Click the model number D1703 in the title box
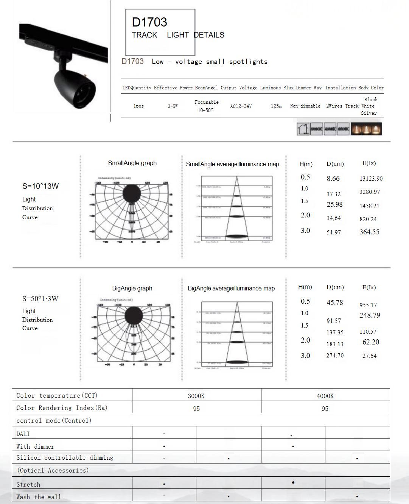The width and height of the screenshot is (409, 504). click(x=149, y=22)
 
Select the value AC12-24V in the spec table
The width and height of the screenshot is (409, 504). click(x=241, y=106)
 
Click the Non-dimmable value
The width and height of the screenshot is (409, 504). click(x=305, y=106)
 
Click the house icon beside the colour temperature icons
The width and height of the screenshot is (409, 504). click(x=303, y=129)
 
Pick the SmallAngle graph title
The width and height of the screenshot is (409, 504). click(x=132, y=163)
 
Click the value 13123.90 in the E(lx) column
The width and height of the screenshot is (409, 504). click(x=371, y=179)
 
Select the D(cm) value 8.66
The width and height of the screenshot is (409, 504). click(x=333, y=178)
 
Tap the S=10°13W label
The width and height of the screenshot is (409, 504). click(x=40, y=186)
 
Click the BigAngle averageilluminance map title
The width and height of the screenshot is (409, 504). click(x=231, y=289)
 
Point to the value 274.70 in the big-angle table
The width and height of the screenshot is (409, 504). click(x=335, y=356)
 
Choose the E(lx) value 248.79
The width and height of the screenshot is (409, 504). click(x=370, y=315)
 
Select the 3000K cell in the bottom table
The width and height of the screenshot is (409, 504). click(x=196, y=396)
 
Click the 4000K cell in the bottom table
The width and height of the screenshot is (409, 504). click(x=325, y=396)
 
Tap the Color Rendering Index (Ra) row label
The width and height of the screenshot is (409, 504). click(x=62, y=408)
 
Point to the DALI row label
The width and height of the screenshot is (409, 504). click(x=23, y=434)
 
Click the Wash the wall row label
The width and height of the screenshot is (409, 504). click(x=39, y=497)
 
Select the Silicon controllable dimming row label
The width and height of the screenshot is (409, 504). click(x=65, y=458)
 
